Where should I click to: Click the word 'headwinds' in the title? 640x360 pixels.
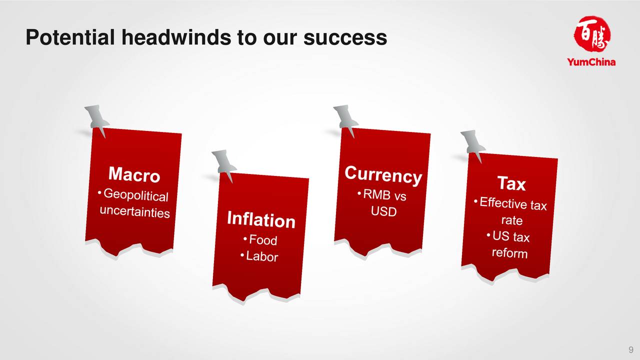(176, 37)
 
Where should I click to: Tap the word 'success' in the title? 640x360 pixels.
(345, 37)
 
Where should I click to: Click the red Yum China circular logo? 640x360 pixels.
(591, 34)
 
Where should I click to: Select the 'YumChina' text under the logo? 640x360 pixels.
(591, 62)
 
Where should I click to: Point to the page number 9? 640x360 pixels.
(631, 349)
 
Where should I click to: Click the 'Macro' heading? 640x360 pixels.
(134, 174)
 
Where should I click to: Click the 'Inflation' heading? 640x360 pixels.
(261, 219)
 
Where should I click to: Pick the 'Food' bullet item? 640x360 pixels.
(263, 240)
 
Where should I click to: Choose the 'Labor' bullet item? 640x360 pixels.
(261, 256)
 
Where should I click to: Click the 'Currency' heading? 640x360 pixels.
(383, 175)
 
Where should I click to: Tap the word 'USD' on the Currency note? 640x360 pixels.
(383, 211)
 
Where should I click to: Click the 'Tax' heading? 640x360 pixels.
(511, 183)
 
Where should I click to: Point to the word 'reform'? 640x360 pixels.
(509, 253)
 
